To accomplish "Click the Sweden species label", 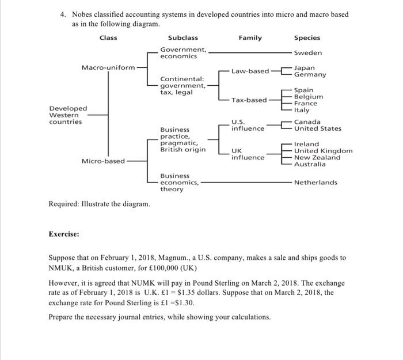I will pyautogui.click(x=308, y=53).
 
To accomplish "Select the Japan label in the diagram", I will pyautogui.click(x=305, y=68).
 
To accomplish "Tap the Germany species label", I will pyautogui.click(x=310, y=75).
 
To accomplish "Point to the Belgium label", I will pyautogui.click(x=309, y=97).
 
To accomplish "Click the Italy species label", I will pyautogui.click(x=302, y=110).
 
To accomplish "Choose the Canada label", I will pyautogui.click(x=307, y=122).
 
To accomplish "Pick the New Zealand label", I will pyautogui.click(x=317, y=158).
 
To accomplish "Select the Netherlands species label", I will pyautogui.click(x=315, y=183).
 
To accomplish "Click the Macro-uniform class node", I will pyautogui.click(x=108, y=67).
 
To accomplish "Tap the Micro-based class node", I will pyautogui.click(x=103, y=161).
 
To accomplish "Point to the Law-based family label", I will pyautogui.click(x=250, y=71).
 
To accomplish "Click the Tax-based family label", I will pyautogui.click(x=249, y=100).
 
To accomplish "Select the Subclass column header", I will pyautogui.click(x=183, y=38).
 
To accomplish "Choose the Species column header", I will pyautogui.click(x=307, y=38).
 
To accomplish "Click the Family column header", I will pyautogui.click(x=250, y=38).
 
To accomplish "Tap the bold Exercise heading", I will pyautogui.click(x=64, y=234).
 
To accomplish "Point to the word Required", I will pyautogui.click(x=64, y=204).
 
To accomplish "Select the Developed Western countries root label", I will pyautogui.click(x=69, y=115).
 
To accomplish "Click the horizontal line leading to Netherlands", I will pyautogui.click(x=245, y=183).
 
